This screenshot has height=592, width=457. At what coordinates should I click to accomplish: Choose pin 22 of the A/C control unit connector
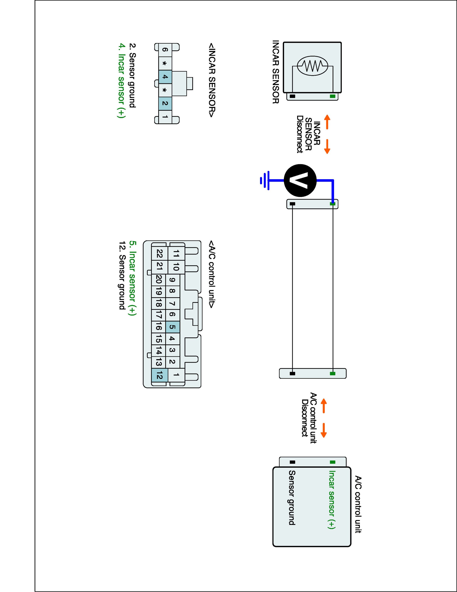pyautogui.click(x=159, y=254)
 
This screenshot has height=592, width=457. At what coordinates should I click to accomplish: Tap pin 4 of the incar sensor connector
pyautogui.click(x=165, y=77)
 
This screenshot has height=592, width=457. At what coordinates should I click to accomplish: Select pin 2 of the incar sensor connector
pyautogui.click(x=165, y=103)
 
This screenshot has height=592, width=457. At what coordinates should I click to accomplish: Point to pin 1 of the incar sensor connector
pyautogui.click(x=165, y=117)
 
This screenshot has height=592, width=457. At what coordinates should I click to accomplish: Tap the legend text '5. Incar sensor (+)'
pyautogui.click(x=132, y=278)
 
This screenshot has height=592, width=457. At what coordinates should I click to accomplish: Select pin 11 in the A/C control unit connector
pyautogui.click(x=176, y=254)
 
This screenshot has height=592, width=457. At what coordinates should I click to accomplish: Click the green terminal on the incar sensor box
pyautogui.click(x=332, y=96)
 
